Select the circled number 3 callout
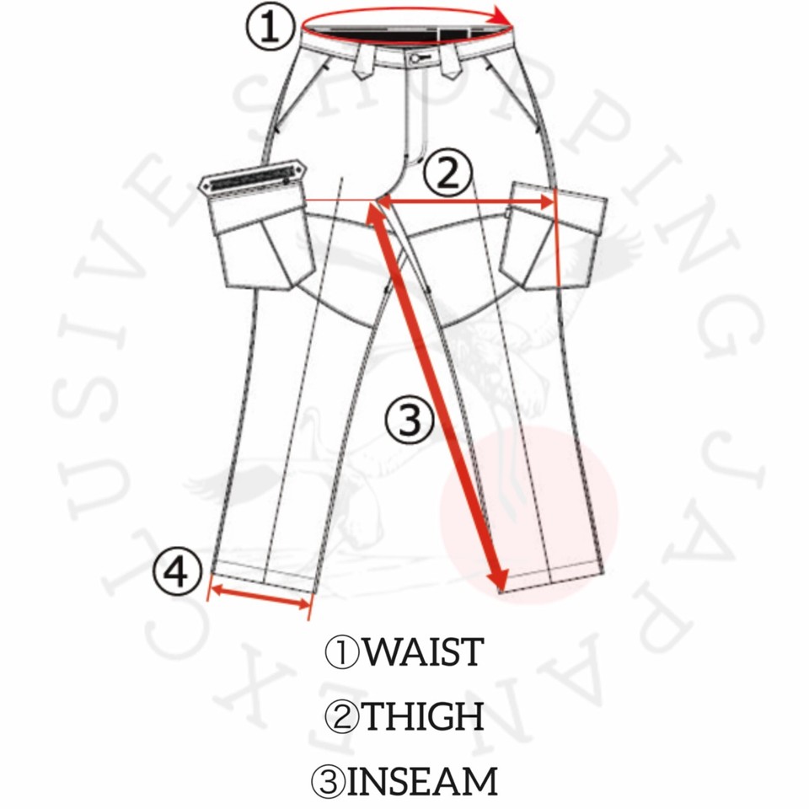point(410,419)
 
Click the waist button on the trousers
point(415,58)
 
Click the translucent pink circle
point(529,514)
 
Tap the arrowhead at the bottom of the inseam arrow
point(499,580)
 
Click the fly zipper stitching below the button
point(415,118)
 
